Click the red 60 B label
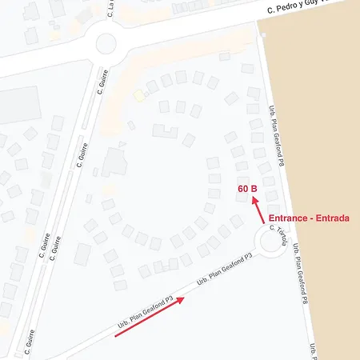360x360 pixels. [x=247, y=189]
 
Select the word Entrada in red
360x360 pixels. [x=333, y=218]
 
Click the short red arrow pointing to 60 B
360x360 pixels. [x=259, y=210]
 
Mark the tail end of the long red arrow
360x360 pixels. [x=117, y=336]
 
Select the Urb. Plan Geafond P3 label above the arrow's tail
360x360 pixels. [x=146, y=311]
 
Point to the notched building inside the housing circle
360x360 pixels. [x=165, y=130]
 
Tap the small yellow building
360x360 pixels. [x=139, y=96]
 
